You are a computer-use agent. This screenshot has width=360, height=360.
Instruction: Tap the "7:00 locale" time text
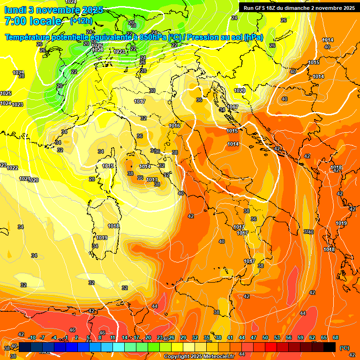click(x=33, y=21)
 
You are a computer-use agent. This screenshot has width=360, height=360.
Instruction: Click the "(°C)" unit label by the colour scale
click(x=344, y=348)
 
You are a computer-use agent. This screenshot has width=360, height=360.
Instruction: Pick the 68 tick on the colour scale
click(x=336, y=337)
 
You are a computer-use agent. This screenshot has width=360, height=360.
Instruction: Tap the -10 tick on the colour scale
click(x=32, y=337)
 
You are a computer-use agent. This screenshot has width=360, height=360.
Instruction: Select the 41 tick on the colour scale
click(x=230, y=337)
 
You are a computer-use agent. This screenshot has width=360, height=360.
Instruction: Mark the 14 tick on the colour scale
click(x=125, y=337)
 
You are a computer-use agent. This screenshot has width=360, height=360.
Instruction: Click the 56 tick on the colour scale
click(x=289, y=337)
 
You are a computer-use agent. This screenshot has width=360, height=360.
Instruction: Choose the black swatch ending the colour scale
click(x=330, y=347)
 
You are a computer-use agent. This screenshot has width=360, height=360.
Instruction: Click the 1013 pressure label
click(x=152, y=180)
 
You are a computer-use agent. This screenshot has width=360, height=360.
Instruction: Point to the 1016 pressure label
click(x=174, y=126)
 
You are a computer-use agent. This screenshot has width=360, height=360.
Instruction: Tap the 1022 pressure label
click(x=13, y=168)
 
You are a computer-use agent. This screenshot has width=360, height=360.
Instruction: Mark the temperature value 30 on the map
click(x=152, y=90)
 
